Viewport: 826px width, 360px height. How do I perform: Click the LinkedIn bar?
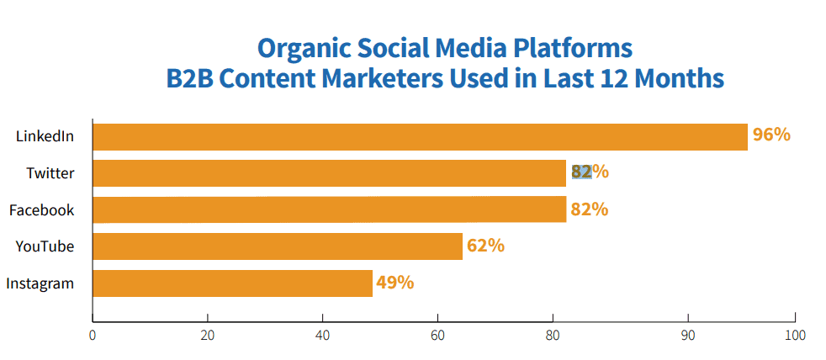click(x=420, y=136)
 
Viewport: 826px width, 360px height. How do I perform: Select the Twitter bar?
click(x=329, y=173)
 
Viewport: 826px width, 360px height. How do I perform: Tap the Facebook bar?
click(x=329, y=209)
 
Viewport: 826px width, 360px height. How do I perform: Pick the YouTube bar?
click(x=278, y=246)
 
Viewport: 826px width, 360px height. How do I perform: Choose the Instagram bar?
click(x=232, y=283)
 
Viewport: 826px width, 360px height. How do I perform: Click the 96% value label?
click(x=771, y=135)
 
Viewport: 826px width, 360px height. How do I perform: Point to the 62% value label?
click(x=485, y=246)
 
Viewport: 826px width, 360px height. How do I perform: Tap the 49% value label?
click(x=395, y=283)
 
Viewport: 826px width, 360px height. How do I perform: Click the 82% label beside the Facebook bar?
click(x=589, y=209)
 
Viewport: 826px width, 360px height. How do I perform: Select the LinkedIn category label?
click(x=45, y=136)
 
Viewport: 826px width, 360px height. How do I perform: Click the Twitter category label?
click(x=50, y=173)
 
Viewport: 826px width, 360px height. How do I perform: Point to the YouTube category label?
click(x=45, y=246)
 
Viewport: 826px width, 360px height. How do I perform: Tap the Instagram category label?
click(x=40, y=283)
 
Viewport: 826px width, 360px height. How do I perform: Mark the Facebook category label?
click(x=41, y=209)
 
